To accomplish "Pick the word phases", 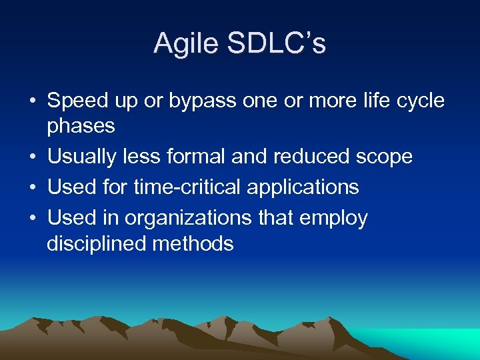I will (81, 126).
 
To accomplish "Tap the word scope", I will (386, 157).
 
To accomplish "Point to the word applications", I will (303, 187).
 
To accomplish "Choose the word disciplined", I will (97, 243).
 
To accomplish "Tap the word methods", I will (193, 243).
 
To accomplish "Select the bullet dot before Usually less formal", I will (32, 157).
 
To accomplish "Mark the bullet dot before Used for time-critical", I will (32, 188).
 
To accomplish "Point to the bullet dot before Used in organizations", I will (32, 219).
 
